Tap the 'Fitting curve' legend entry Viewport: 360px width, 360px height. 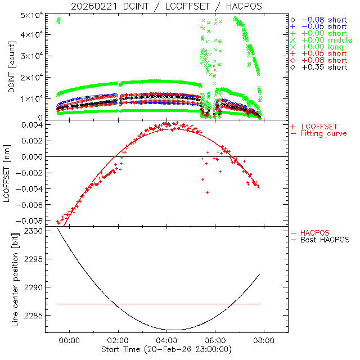click(324, 133)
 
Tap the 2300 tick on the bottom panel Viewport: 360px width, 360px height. click(34, 231)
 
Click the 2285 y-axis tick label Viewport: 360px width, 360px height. click(34, 316)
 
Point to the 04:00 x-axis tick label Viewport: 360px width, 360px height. click(167, 340)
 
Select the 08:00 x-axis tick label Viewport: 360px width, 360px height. click(264, 340)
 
